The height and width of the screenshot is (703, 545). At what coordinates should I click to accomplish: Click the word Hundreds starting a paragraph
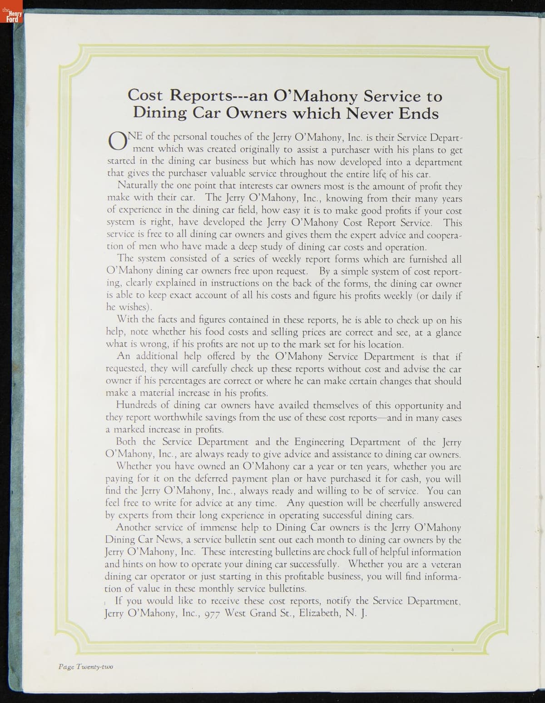[x=136, y=405]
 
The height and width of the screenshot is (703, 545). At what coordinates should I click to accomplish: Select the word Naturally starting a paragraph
[x=138, y=185]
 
